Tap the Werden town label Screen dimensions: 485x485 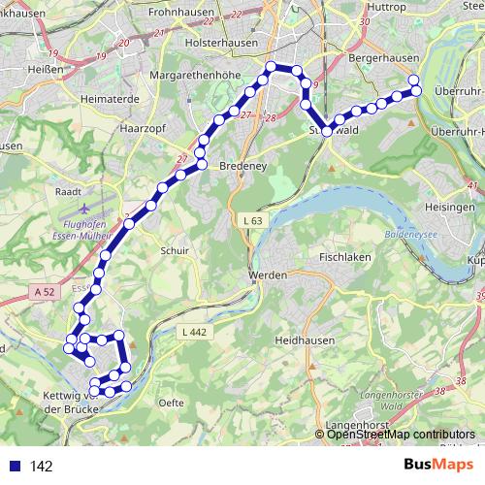(268, 275)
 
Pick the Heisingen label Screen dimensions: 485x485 (453, 207)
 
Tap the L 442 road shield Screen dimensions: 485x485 (195, 332)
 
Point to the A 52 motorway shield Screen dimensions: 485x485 (43, 290)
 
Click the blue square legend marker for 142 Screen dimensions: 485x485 (14, 467)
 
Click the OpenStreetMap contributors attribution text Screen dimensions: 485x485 (401, 434)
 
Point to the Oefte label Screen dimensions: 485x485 (170, 401)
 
